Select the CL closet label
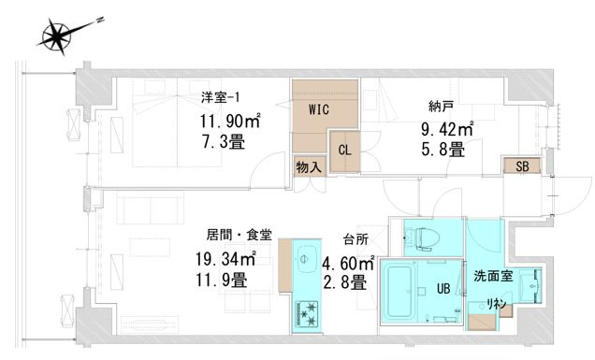point(345,149)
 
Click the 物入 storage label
point(309,168)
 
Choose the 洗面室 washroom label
point(492,278)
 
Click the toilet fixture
point(420,238)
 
